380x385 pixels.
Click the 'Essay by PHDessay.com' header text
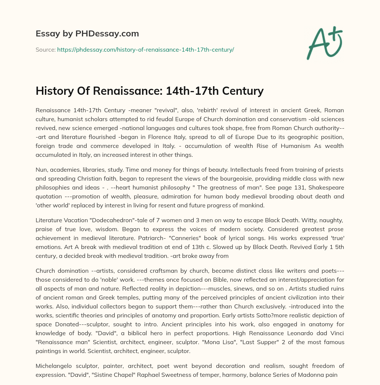click(87, 34)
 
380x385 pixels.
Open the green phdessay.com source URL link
click(145, 49)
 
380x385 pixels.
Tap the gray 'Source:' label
click(45, 49)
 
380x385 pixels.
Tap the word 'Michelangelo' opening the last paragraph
click(54, 368)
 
